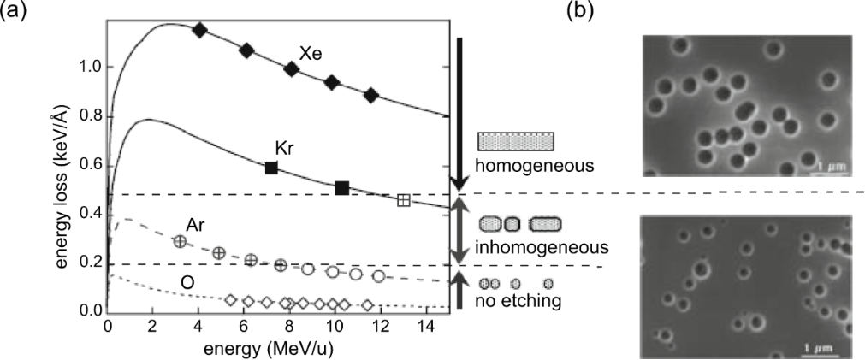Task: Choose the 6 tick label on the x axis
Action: click(x=243, y=327)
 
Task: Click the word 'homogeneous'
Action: click(x=522, y=164)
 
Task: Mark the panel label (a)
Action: click(x=12, y=10)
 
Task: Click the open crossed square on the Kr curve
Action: click(x=404, y=200)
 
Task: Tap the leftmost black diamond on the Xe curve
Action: click(x=200, y=30)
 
